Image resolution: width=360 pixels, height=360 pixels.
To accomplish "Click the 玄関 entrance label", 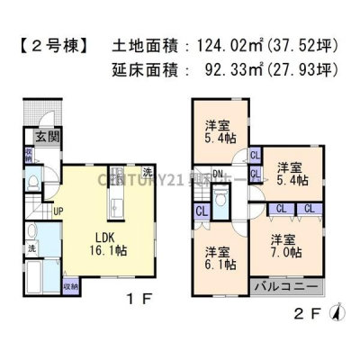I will point(41,137).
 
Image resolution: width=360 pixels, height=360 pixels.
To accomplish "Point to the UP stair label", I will point(58,211).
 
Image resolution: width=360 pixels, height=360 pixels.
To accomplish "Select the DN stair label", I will point(219,175).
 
